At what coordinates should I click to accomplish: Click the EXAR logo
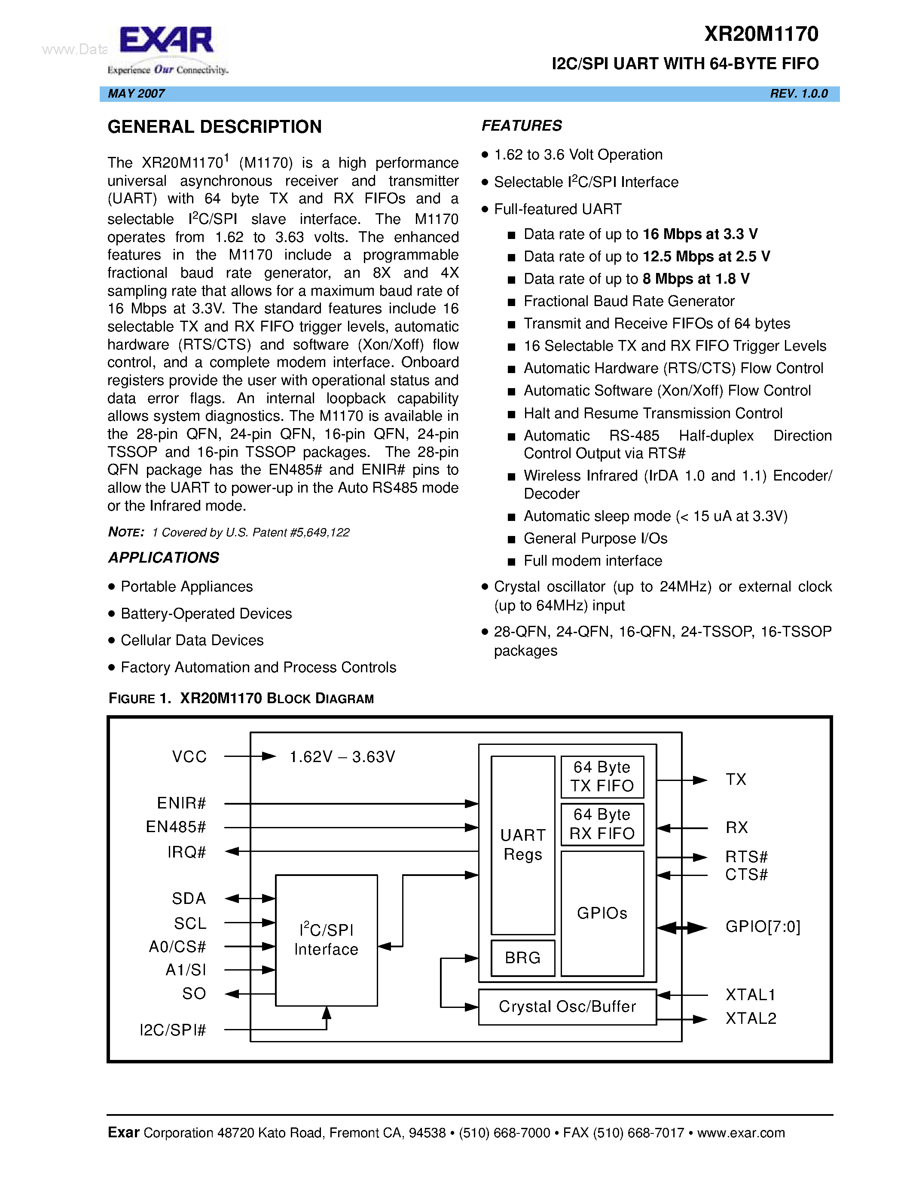click(167, 49)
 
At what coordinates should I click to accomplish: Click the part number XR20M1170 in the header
click(761, 34)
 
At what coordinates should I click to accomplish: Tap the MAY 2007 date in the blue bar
click(136, 94)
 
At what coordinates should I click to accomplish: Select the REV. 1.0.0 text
click(799, 94)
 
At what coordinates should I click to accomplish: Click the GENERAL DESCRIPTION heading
click(215, 127)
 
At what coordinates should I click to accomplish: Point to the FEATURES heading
click(522, 126)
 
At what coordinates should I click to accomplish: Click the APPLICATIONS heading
click(164, 557)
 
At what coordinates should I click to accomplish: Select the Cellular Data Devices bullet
click(192, 640)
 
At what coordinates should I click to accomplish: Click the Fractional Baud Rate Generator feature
click(629, 301)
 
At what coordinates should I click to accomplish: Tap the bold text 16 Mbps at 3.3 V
click(700, 234)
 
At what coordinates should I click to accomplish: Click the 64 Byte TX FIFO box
click(602, 777)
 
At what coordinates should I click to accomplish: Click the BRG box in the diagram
click(522, 957)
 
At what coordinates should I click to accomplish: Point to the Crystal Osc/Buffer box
click(567, 1006)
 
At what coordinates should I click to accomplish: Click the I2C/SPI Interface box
click(326, 940)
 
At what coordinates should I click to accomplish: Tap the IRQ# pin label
click(186, 852)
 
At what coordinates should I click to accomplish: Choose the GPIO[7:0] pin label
click(763, 927)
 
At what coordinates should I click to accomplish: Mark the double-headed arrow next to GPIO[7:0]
click(682, 928)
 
